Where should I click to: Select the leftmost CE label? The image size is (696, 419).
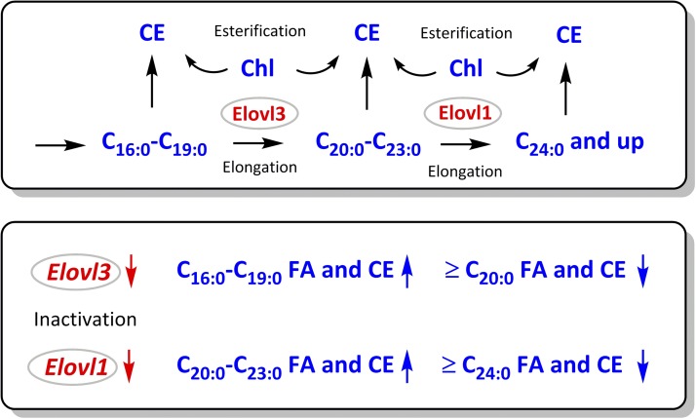point(151,35)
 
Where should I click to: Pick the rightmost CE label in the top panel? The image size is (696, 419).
point(569,35)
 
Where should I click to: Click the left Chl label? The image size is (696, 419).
point(258,69)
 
